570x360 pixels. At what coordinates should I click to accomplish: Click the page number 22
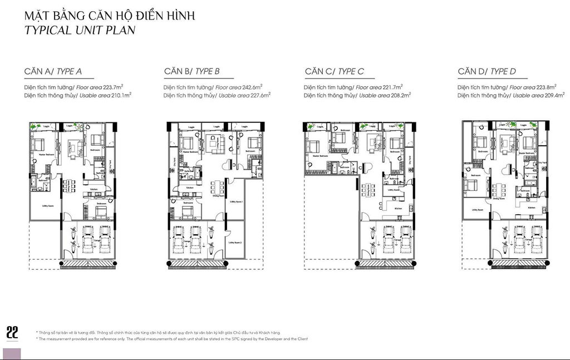(x=12, y=332)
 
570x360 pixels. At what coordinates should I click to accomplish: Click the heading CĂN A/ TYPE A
(x=53, y=71)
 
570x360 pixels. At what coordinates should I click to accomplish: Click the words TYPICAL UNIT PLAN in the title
(x=80, y=30)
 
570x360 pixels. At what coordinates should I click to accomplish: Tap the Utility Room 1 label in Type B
(x=236, y=202)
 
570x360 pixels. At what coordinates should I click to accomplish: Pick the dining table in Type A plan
(x=68, y=186)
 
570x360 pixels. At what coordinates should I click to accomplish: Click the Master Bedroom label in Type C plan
(x=320, y=156)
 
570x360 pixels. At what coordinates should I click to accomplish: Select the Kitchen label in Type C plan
(x=399, y=209)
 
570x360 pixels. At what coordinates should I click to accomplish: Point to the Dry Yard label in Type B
(x=174, y=165)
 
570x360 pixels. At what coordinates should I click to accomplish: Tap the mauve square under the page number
(x=12, y=353)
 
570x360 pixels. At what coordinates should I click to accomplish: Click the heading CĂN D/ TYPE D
(x=487, y=71)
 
